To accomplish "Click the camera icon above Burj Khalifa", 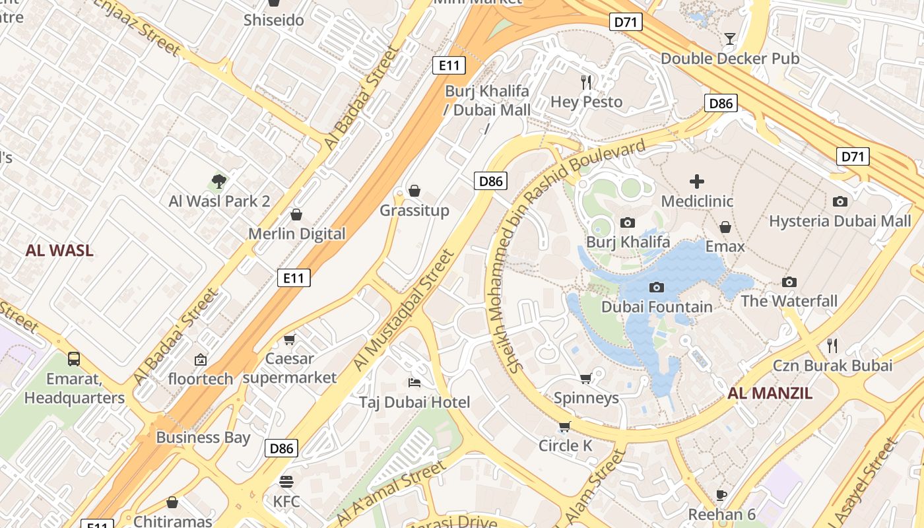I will [x=628, y=223].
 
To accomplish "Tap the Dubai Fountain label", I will [x=657, y=307].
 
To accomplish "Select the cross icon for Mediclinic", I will [x=697, y=181].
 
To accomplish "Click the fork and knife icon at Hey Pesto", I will [x=586, y=82].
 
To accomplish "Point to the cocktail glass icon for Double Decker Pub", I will [x=729, y=39].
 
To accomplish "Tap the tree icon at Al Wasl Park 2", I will [x=219, y=181].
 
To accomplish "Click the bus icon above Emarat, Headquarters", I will [x=74, y=359].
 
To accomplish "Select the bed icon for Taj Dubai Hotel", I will [x=414, y=383].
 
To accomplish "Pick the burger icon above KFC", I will [x=286, y=482].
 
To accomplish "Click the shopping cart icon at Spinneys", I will [x=585, y=379].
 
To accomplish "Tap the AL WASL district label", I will [x=59, y=251].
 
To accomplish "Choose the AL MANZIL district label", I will [x=770, y=394].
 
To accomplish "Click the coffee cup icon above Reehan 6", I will [x=721, y=495].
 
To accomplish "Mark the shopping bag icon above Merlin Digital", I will [x=296, y=214].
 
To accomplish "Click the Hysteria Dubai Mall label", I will [x=840, y=221].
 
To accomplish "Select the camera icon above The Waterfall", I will [x=789, y=282].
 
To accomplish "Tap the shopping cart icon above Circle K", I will [x=564, y=426].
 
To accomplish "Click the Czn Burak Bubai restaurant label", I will [x=832, y=366].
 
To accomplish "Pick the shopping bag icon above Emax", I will [x=725, y=227].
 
